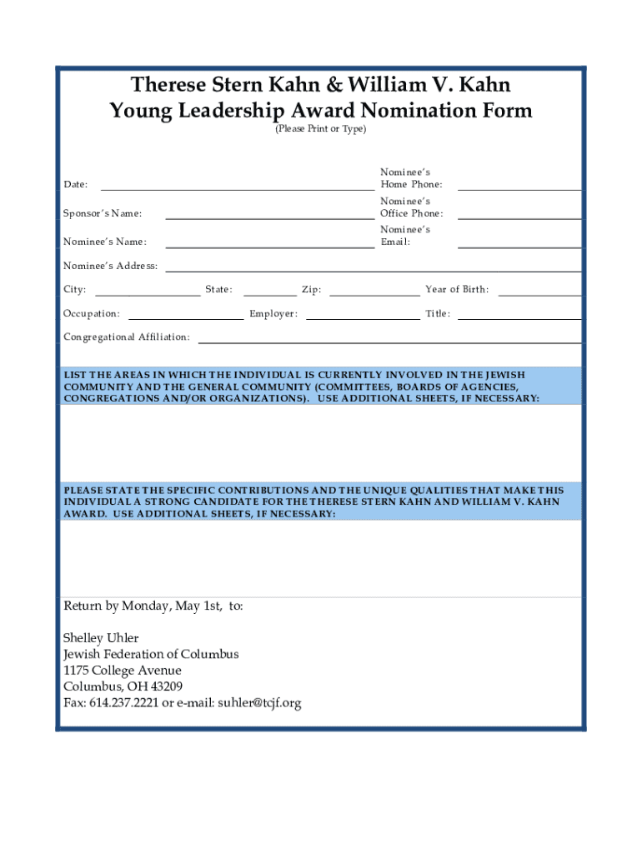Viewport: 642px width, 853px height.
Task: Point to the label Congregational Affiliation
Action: [x=127, y=337]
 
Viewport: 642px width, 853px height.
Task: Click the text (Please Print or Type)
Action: [x=321, y=129]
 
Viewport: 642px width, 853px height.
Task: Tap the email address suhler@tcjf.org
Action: [x=259, y=703]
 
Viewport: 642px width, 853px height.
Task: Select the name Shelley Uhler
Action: [x=102, y=639]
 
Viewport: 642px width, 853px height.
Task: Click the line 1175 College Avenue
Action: [x=123, y=671]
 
